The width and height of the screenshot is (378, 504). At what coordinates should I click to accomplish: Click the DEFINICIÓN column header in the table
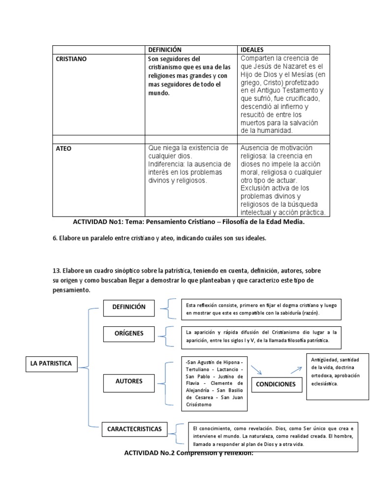[165, 50]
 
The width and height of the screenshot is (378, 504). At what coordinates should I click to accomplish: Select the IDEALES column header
[252, 50]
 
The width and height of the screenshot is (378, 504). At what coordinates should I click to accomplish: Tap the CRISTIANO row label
[71, 59]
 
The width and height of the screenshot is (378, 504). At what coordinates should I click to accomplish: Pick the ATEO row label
[64, 148]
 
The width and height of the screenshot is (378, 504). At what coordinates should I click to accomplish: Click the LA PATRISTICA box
[51, 364]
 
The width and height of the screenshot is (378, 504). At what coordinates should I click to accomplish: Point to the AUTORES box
[129, 381]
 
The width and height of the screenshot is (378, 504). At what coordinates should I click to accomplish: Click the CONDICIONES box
[276, 384]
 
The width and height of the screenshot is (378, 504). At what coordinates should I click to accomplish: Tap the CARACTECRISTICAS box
[134, 429]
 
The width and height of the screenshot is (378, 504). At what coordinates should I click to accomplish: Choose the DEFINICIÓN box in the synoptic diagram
[129, 307]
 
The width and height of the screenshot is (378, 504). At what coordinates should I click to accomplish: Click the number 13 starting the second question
[56, 271]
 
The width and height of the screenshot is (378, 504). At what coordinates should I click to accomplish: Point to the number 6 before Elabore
[54, 238]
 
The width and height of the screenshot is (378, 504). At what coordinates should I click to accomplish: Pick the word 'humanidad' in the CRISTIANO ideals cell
[273, 130]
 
